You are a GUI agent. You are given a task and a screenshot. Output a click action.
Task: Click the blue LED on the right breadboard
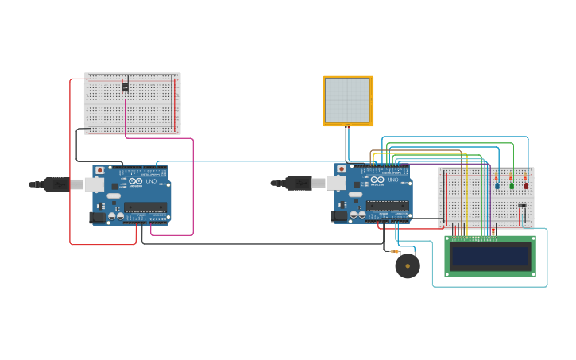(x=497, y=186)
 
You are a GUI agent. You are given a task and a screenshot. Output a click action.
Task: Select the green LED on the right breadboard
(x=512, y=186)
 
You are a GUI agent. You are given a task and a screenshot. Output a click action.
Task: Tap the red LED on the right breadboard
(x=526, y=186)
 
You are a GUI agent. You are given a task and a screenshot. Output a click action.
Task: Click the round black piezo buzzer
(x=408, y=266)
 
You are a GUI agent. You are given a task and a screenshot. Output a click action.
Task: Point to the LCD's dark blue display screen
(x=489, y=257)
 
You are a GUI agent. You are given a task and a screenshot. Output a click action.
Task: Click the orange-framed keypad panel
(x=348, y=101)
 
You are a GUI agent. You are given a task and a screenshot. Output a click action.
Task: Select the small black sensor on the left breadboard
(x=125, y=87)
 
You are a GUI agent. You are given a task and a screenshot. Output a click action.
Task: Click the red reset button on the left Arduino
(x=99, y=170)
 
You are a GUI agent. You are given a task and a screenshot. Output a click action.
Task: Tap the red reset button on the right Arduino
(x=342, y=169)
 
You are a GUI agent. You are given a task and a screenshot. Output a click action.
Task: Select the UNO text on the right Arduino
(x=392, y=180)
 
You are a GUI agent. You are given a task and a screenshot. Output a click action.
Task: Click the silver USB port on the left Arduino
(x=94, y=184)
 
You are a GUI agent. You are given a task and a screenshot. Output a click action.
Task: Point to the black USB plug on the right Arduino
(x=299, y=184)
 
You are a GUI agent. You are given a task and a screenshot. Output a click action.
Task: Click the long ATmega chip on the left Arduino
(x=145, y=207)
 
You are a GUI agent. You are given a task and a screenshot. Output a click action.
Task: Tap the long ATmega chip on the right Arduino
(x=388, y=206)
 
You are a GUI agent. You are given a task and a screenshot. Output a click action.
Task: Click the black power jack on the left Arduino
(x=98, y=216)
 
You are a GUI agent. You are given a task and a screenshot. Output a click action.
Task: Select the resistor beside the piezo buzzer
(x=394, y=251)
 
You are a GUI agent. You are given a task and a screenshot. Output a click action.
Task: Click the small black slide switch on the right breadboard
(x=522, y=206)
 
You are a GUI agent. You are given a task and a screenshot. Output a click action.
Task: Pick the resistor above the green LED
(x=511, y=177)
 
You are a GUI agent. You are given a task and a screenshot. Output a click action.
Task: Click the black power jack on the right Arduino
(x=339, y=215)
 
